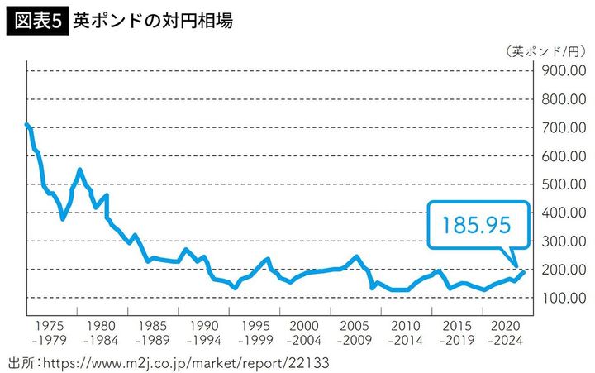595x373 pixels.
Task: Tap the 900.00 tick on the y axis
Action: (x=564, y=70)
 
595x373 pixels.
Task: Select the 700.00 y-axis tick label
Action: (x=564, y=127)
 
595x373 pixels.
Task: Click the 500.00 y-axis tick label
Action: (x=564, y=184)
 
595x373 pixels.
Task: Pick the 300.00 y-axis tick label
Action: (x=564, y=241)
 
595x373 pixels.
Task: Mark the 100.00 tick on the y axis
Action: (x=564, y=297)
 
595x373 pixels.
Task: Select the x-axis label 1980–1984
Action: (x=100, y=332)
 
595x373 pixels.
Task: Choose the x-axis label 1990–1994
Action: (x=202, y=332)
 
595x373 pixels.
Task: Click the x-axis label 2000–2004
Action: (x=305, y=332)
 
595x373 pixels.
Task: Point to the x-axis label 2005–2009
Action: (x=356, y=332)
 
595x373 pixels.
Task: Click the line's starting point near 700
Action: (x=27, y=125)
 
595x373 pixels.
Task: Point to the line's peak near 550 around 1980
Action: (x=79, y=170)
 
